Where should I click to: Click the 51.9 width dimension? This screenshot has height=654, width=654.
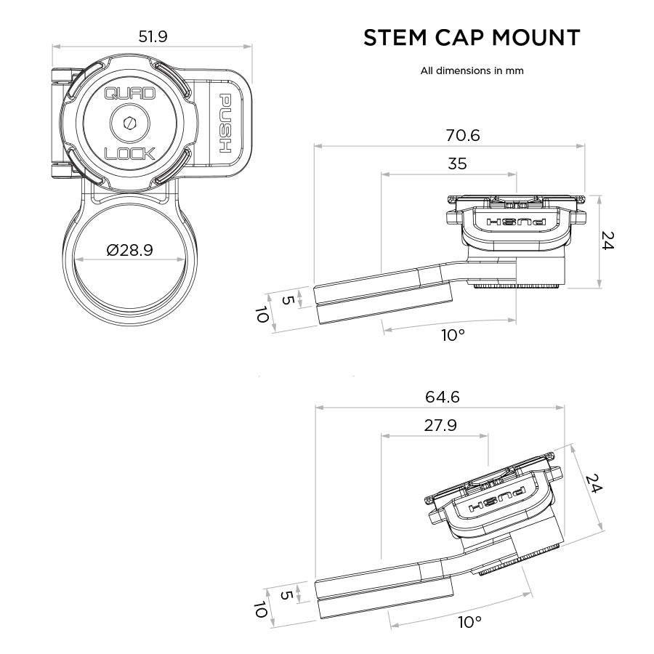point(153,36)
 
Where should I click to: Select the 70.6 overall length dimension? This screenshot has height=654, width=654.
point(462,134)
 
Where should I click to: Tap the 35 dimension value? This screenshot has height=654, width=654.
point(457,163)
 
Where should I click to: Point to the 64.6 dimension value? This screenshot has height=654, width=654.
point(442,397)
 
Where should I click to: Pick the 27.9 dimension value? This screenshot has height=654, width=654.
point(440,426)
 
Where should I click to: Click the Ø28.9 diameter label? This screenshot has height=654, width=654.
point(129,250)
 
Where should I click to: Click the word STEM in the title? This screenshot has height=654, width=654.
point(395,38)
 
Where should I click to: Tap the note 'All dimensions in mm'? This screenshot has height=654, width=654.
point(472,71)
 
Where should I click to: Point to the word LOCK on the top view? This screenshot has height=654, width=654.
point(129,154)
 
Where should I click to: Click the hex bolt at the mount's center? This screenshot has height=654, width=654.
point(129,124)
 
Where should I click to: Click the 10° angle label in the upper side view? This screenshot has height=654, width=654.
point(452,335)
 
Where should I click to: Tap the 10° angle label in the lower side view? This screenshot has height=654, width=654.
point(469,622)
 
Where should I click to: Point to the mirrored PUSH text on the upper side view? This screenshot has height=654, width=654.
point(517,221)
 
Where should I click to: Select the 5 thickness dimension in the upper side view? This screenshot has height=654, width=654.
point(287,299)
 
